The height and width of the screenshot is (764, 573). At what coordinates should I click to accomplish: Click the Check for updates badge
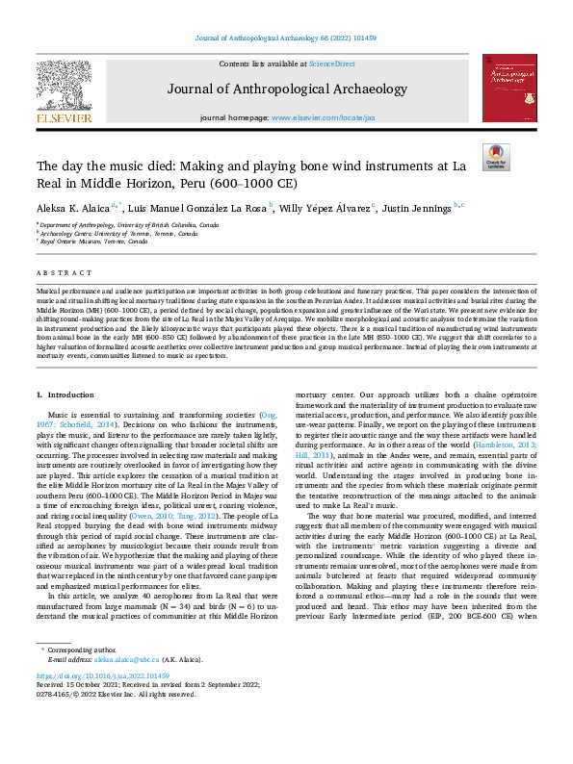click(x=495, y=156)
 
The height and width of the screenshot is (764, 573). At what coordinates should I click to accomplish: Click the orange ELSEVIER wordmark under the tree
click(x=65, y=118)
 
